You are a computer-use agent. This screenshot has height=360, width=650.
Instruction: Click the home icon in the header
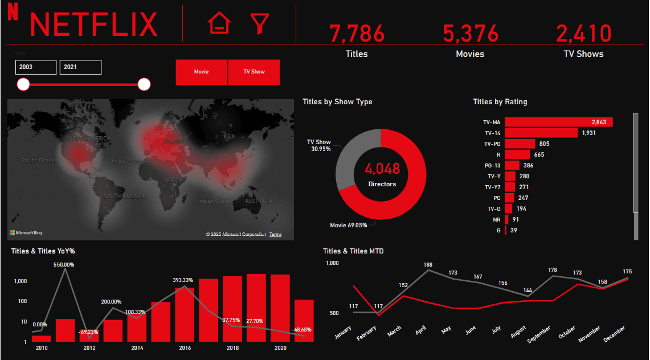pos(219,23)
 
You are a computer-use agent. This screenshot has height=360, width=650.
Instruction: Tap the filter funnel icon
pos(259,23)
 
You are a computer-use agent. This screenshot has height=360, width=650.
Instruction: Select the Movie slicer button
pos(201,72)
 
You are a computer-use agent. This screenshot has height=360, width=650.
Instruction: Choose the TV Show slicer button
pos(254,72)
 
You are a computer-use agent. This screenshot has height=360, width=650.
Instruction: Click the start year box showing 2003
pos(36,67)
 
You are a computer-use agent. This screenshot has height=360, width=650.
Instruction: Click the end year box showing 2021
pos(80,67)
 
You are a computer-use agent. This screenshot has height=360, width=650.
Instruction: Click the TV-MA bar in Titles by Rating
pos(558,122)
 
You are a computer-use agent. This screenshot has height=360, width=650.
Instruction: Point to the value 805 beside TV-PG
pos(544,144)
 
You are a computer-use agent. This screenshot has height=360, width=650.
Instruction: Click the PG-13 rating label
pos(492,165)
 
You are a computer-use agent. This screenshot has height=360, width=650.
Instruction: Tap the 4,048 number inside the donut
pos(382,169)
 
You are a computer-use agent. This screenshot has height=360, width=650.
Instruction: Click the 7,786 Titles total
pos(357,34)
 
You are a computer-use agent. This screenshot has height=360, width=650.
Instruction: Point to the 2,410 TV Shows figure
pos(583,34)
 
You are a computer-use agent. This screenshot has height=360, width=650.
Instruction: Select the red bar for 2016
pos(185,314)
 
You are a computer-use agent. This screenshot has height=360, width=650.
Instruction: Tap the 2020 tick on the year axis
pos(280,347)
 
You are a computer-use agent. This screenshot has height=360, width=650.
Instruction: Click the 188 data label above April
pos(428,265)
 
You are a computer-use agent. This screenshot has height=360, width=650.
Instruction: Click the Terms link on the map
pos(275,235)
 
